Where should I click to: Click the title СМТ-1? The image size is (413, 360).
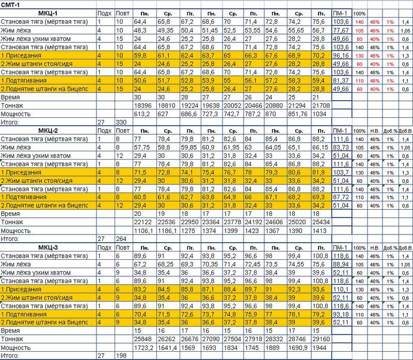11,4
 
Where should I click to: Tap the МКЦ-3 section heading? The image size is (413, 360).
49,248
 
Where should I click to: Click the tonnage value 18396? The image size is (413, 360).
142,105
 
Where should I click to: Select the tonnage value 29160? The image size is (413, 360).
321,338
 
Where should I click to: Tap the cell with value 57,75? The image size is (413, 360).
142,147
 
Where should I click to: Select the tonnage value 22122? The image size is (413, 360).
142,222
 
